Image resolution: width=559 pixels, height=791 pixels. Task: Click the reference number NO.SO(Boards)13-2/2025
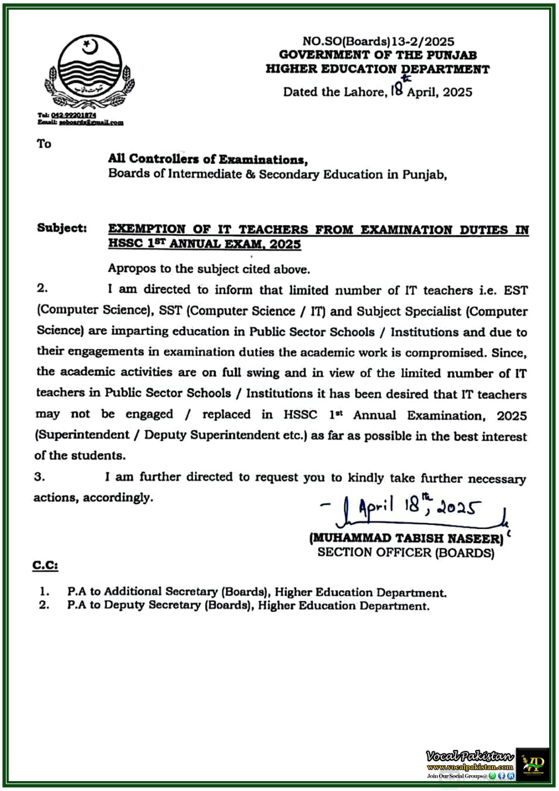[378, 42]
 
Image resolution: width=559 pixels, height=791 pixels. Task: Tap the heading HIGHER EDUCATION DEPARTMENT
[378, 69]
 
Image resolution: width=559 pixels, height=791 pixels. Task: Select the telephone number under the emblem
[74, 115]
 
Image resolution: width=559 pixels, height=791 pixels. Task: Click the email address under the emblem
[91, 123]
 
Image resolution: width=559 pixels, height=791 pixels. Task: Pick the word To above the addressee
[44, 144]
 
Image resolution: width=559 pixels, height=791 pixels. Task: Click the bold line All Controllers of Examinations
[208, 159]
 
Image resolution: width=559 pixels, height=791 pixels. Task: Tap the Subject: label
[62, 228]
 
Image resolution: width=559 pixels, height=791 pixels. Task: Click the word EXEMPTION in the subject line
[147, 229]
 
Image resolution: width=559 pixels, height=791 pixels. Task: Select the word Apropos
[129, 269]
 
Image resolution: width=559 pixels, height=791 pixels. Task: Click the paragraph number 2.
[43, 288]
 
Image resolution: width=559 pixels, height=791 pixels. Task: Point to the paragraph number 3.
[40, 477]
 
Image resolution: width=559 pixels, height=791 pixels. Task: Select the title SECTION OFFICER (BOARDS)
[406, 553]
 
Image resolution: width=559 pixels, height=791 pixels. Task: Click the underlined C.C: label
[45, 565]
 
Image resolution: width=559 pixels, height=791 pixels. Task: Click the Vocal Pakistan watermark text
[470, 756]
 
